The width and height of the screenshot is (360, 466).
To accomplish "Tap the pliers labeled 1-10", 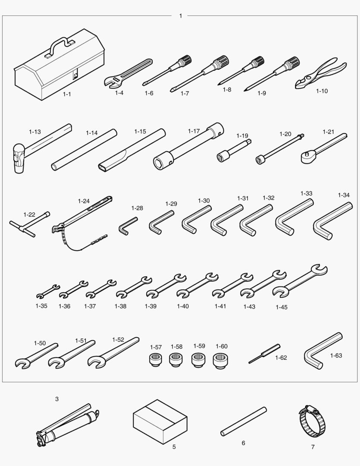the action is pos(321,73).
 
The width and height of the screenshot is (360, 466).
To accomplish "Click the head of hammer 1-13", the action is pos(19,158).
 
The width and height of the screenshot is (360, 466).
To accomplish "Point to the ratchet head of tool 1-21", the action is pos(307,156).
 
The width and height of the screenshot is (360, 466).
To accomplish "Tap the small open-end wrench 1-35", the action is pos(48,291).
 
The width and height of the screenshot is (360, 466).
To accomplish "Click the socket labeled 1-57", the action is pos(155,360).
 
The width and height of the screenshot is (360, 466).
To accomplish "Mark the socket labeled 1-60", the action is pos(220,360).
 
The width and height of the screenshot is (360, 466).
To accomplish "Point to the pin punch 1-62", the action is pos(264,354).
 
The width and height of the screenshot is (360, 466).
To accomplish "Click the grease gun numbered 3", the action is pos(67,425).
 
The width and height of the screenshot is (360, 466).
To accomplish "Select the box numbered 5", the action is pos(160,422).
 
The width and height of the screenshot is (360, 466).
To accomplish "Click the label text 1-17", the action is pos(194,131).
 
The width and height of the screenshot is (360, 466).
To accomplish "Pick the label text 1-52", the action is pos(118,340).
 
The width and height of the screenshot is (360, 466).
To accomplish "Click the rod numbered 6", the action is pos(244,422).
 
